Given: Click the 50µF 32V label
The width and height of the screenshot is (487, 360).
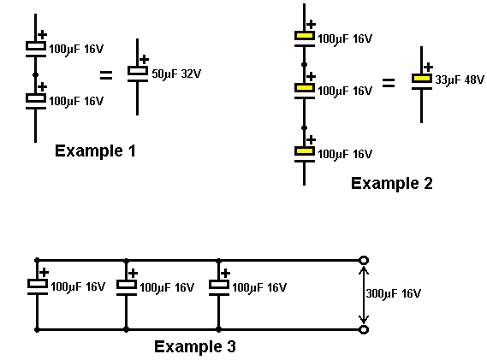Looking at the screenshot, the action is click(176, 74).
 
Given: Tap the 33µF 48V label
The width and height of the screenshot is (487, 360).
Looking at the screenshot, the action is click(460, 80).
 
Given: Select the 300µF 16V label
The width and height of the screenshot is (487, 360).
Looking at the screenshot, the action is click(393, 293).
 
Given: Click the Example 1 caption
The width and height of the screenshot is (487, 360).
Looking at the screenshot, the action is click(95, 151).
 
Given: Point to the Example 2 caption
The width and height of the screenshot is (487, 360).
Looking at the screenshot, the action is click(392, 183).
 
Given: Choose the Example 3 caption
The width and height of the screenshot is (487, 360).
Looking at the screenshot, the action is click(195, 346).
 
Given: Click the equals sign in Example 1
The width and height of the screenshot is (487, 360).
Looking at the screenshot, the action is click(106, 75).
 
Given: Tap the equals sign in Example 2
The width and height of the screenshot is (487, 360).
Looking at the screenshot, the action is click(389, 83).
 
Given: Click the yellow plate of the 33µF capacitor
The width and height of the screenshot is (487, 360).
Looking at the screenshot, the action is click(422, 79).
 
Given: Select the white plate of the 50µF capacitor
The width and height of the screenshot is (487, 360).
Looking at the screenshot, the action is click(138, 71).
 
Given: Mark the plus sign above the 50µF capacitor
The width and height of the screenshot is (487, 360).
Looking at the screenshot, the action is click(144, 59).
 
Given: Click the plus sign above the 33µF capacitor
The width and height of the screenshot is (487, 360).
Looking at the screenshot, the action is click(428, 67).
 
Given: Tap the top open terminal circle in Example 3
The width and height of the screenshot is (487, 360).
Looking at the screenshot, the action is click(364, 260).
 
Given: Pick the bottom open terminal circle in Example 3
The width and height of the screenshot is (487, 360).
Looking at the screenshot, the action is click(364, 329).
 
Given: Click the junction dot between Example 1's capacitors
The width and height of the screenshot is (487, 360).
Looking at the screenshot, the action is click(35, 74).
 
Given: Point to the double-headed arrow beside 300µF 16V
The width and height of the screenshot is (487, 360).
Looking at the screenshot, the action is click(364, 295).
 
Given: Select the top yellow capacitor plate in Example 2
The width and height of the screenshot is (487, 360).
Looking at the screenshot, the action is click(305, 36).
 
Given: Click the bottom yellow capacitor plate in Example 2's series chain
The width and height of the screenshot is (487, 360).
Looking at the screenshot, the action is click(305, 151).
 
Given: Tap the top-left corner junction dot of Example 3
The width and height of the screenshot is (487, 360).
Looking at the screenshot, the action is click(37, 260).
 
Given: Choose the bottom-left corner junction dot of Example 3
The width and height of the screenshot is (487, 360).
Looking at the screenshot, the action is click(37, 329).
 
